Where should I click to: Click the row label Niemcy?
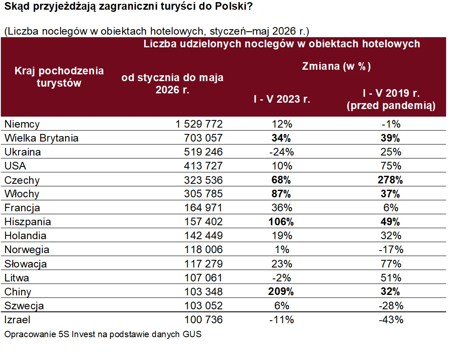point(22,124)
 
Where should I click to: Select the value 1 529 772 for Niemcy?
point(199,124)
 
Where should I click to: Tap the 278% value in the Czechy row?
point(390,180)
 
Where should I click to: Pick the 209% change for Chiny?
point(281,292)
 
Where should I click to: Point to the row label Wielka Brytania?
point(41,138)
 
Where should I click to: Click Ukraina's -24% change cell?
point(282,152)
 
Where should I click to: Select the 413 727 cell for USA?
point(203,166)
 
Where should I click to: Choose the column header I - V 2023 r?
point(282,99)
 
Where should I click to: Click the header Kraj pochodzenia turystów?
point(59,77)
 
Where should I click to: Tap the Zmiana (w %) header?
point(337,66)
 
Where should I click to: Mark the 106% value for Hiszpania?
point(281,222)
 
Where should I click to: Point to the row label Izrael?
point(17,319)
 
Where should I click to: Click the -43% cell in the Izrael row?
point(391,319)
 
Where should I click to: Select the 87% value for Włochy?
point(281,194)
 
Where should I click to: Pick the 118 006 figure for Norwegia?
point(203,249)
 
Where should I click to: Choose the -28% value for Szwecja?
point(391,305)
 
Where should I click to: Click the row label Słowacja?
point(25,264)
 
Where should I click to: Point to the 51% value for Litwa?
point(391,278)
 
